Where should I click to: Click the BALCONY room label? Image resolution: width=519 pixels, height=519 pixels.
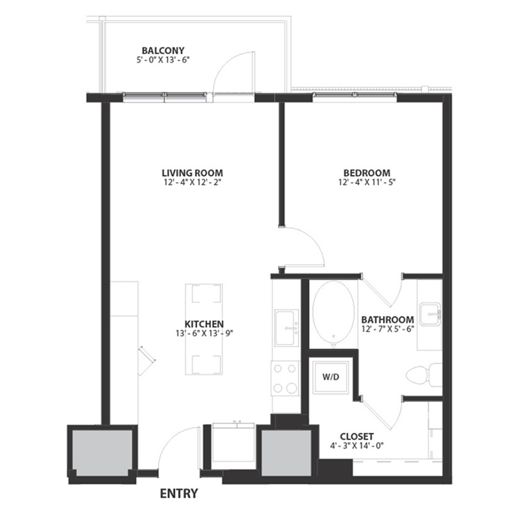163,51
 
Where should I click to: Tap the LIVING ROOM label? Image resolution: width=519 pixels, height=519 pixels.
192,173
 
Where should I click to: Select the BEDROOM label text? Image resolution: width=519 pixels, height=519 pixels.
367,173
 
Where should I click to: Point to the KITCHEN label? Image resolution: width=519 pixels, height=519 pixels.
204,324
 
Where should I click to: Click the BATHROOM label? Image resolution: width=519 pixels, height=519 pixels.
388,319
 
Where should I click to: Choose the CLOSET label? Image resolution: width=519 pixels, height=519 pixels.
357,437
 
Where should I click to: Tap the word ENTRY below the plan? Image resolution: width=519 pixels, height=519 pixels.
179,494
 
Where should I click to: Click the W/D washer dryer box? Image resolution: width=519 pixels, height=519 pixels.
331,377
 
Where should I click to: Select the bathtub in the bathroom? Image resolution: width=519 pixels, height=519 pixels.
334,314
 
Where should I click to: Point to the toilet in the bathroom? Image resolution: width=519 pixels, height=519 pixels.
424,375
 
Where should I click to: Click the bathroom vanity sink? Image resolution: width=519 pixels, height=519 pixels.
430,314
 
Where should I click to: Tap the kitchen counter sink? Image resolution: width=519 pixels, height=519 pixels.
287,328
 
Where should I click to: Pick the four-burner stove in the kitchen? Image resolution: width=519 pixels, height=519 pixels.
285,378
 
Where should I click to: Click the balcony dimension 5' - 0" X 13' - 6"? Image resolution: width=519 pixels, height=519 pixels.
163,60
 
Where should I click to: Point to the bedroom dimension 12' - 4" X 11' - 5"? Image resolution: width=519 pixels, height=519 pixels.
367,182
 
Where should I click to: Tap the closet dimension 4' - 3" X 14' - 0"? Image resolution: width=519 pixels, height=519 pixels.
357,446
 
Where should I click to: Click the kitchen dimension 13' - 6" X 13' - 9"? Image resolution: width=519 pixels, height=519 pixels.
205,333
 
